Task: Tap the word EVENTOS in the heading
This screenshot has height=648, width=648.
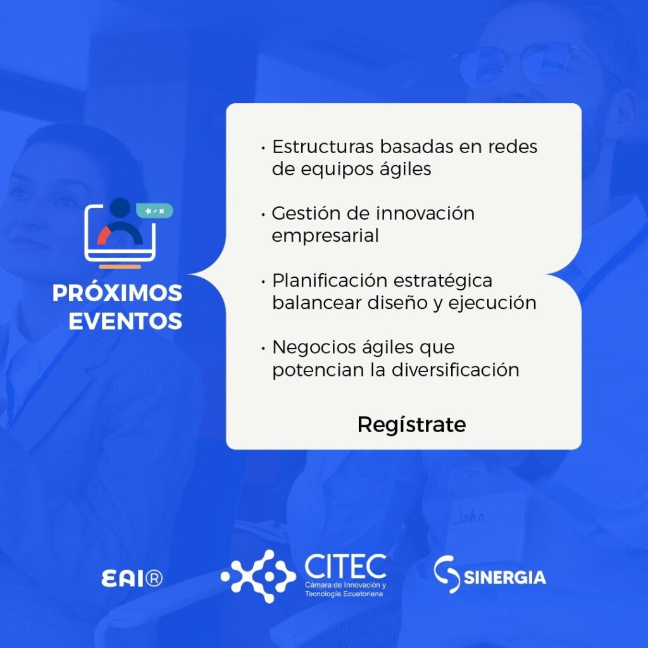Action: click(x=125, y=321)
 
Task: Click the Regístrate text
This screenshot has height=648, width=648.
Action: click(x=411, y=425)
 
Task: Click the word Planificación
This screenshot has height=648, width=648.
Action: click(x=329, y=280)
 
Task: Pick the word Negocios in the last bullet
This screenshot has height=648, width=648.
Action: click(x=311, y=347)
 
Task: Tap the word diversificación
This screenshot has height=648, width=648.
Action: click(x=455, y=370)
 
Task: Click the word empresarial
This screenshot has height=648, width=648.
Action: click(x=325, y=236)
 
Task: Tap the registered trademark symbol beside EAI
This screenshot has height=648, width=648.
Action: click(x=154, y=578)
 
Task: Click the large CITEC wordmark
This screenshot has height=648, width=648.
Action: click(x=346, y=566)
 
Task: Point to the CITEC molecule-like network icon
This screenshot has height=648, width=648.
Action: click(x=258, y=576)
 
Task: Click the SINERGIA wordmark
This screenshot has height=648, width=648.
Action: click(x=504, y=577)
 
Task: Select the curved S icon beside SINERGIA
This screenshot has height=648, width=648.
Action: click(x=446, y=575)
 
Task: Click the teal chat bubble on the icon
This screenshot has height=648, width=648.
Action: click(x=154, y=211)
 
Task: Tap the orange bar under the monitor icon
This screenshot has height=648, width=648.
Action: click(x=120, y=267)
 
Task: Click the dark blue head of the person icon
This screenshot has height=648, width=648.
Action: click(x=120, y=208)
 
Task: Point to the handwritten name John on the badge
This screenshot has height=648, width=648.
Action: click(x=469, y=516)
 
